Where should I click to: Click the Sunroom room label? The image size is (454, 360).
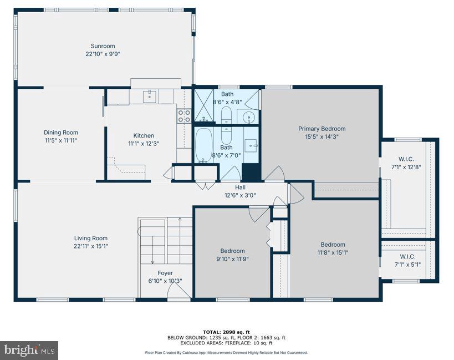click(x=104, y=46)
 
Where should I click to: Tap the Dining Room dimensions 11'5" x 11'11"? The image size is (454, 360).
click(x=61, y=141)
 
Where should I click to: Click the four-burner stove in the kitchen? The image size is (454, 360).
click(x=184, y=116)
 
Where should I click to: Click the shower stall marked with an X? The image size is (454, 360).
click(x=203, y=105)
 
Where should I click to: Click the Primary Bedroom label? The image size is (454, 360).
click(x=322, y=129)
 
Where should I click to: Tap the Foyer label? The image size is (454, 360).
click(x=165, y=273)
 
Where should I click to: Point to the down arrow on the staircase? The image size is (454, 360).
click(x=152, y=257)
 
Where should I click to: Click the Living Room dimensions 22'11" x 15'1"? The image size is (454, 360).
click(x=91, y=246)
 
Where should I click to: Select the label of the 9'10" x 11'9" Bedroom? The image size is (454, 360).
click(x=232, y=250)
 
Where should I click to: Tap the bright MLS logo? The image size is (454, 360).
click(x=30, y=350)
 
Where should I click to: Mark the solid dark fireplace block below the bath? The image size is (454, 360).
click(x=251, y=172)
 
